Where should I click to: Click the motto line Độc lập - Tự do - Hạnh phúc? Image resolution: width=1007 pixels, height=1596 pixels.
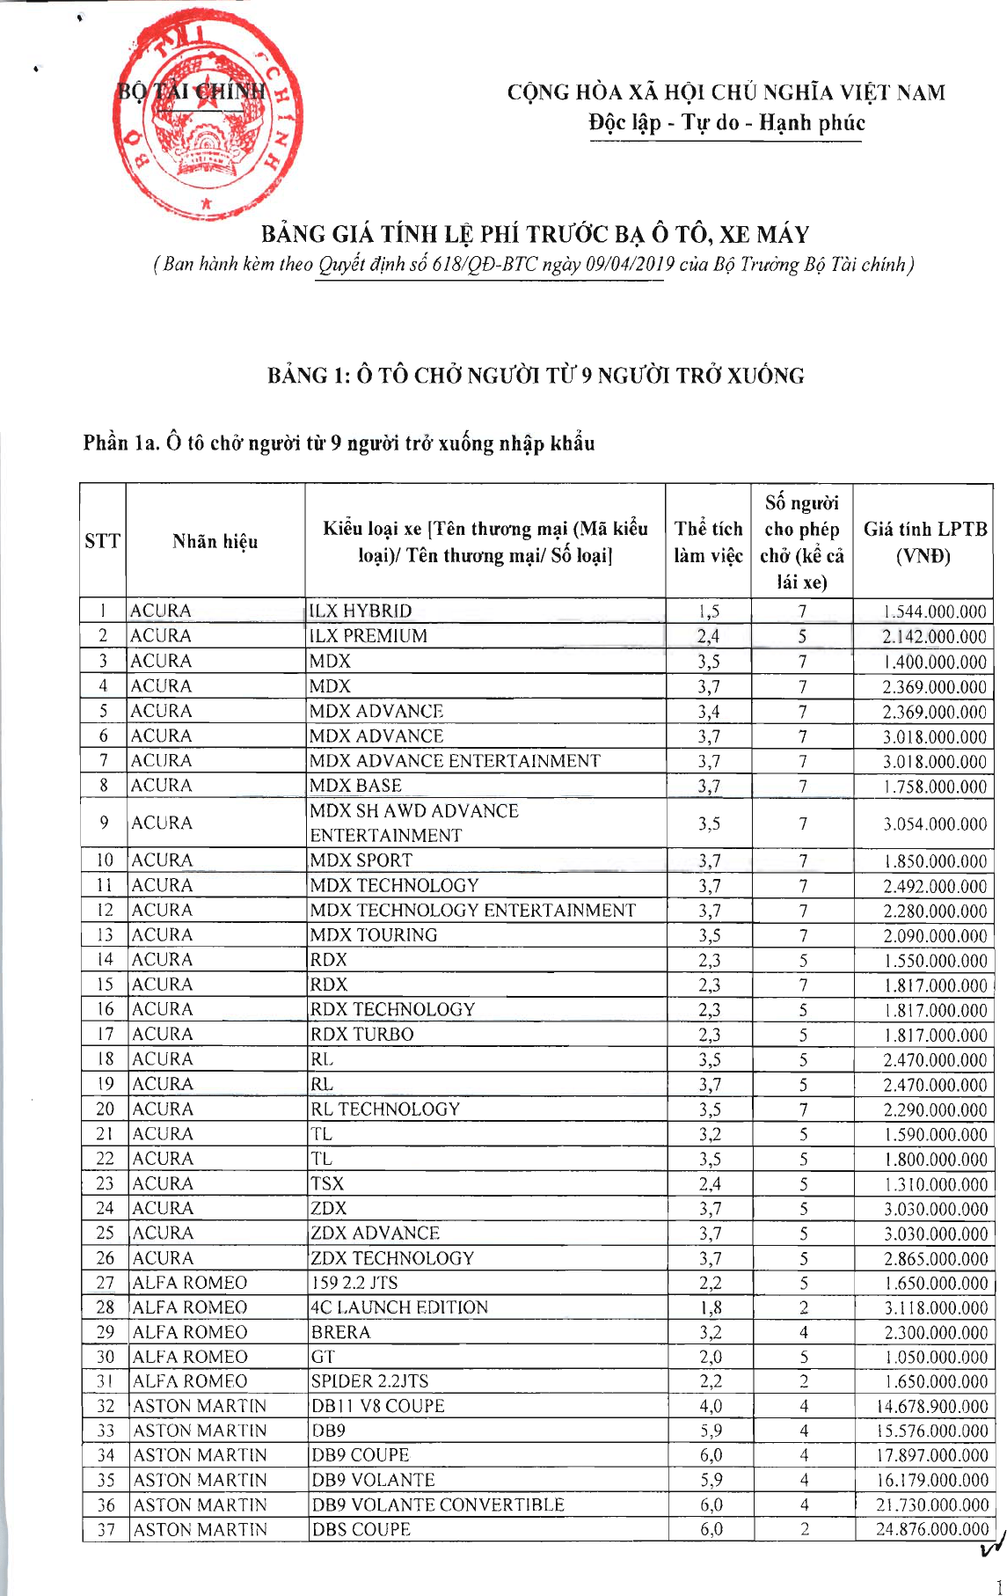(726, 122)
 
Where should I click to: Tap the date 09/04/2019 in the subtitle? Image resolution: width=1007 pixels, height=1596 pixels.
(630, 264)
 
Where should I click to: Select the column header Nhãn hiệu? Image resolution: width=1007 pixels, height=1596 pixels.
(215, 541)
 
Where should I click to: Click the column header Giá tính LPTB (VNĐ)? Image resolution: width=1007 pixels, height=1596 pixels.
(923, 542)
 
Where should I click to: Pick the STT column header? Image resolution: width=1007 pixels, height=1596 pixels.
(102, 541)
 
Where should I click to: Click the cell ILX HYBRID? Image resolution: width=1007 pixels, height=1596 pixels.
(361, 611)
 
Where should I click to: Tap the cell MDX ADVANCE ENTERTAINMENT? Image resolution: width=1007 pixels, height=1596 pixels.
(455, 760)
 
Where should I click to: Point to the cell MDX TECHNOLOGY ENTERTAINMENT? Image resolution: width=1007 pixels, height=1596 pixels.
(472, 910)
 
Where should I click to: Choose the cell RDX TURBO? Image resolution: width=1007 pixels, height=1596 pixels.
(361, 1034)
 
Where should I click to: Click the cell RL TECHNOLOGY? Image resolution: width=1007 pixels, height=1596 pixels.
(385, 1109)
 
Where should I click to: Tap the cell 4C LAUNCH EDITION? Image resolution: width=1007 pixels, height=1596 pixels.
(399, 1307)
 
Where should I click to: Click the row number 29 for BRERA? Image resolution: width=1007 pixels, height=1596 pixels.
(106, 1332)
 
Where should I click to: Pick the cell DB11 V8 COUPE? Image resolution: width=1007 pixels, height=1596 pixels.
(378, 1406)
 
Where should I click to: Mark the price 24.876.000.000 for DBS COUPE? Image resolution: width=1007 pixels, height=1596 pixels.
(931, 1529)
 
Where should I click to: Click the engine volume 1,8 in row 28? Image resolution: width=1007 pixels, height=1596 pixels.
(710, 1307)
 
